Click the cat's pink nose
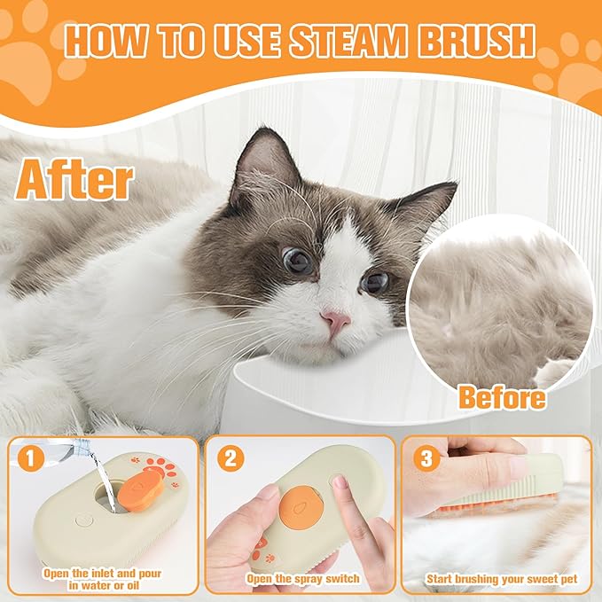click(x=336, y=322)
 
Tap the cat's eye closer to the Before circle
click(x=374, y=282)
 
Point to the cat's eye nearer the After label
click(x=298, y=260)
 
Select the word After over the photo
click(x=75, y=179)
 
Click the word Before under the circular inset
click(x=501, y=397)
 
